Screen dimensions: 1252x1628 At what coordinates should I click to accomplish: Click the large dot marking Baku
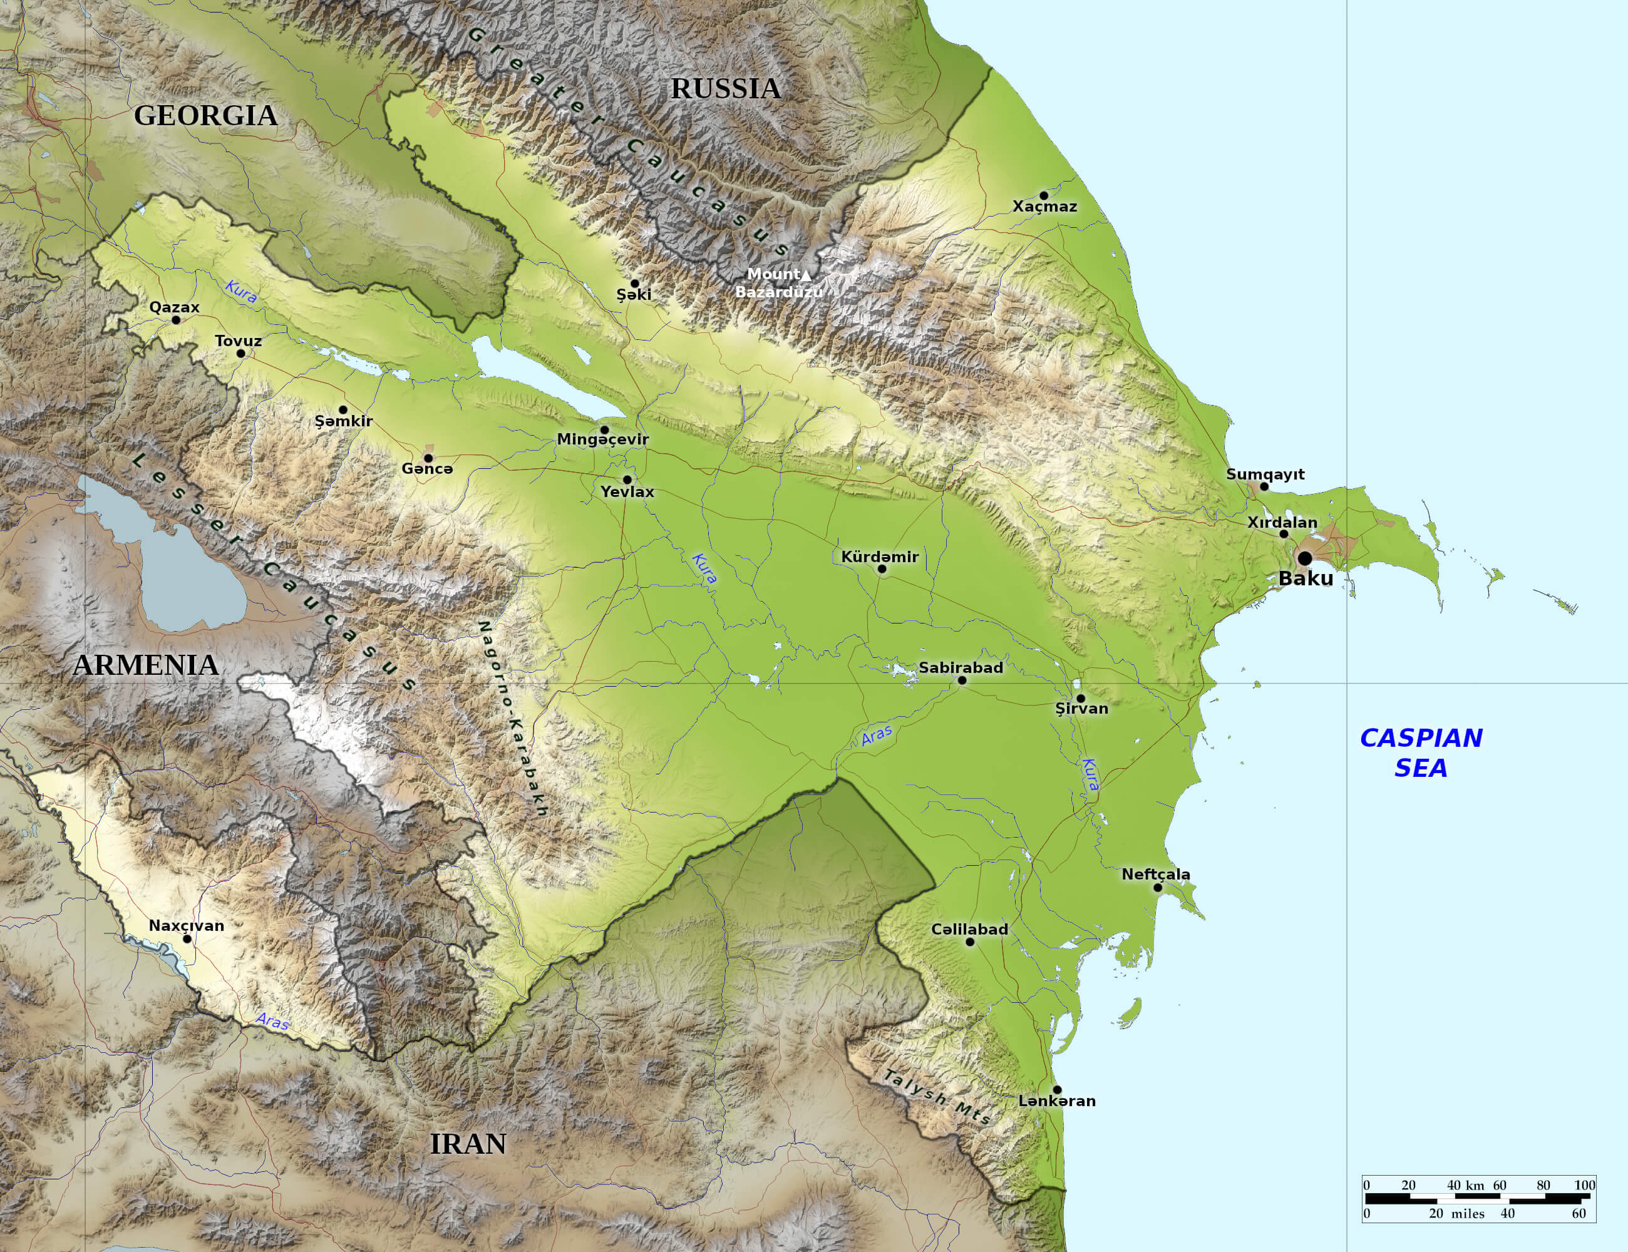(x=1304, y=558)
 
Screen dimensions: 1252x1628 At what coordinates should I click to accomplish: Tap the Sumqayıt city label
(x=1265, y=474)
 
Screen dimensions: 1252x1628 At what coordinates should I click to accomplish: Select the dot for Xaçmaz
(x=1044, y=195)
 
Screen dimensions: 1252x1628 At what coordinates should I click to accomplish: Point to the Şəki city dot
(x=634, y=283)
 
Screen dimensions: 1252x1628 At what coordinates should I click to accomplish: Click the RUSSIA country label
(x=725, y=89)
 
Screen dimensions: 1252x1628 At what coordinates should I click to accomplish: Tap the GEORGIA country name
(x=206, y=116)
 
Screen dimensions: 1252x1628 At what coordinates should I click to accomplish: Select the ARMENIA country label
(x=146, y=665)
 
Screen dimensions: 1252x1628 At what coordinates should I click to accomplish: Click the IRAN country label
(x=468, y=1143)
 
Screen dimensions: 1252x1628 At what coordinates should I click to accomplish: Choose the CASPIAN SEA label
(x=1421, y=752)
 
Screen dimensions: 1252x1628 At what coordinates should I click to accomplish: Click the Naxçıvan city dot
(x=187, y=938)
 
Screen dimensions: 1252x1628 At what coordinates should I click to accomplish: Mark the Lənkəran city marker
(x=1057, y=1089)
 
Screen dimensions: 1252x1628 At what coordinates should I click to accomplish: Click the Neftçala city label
(x=1155, y=874)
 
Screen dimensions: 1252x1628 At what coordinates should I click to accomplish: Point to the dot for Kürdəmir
(x=882, y=568)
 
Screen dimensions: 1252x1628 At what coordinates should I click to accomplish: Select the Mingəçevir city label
(x=602, y=439)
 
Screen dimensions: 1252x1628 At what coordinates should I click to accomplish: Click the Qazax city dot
(x=176, y=320)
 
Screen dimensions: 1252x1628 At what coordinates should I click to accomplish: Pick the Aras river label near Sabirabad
(x=877, y=736)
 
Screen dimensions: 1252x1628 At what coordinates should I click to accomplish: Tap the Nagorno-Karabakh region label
(x=512, y=719)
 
